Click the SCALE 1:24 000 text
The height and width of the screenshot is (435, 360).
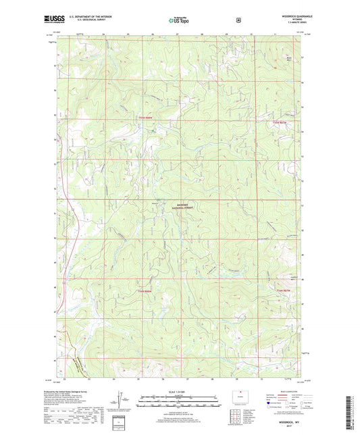coord(179,392)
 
